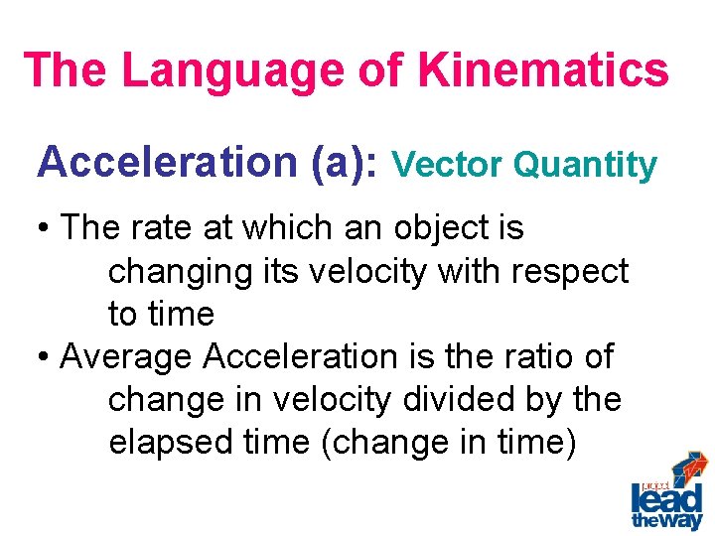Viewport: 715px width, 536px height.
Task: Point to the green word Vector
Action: (450, 165)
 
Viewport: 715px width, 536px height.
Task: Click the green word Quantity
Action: (585, 166)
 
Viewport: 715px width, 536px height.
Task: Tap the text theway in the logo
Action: (666, 520)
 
